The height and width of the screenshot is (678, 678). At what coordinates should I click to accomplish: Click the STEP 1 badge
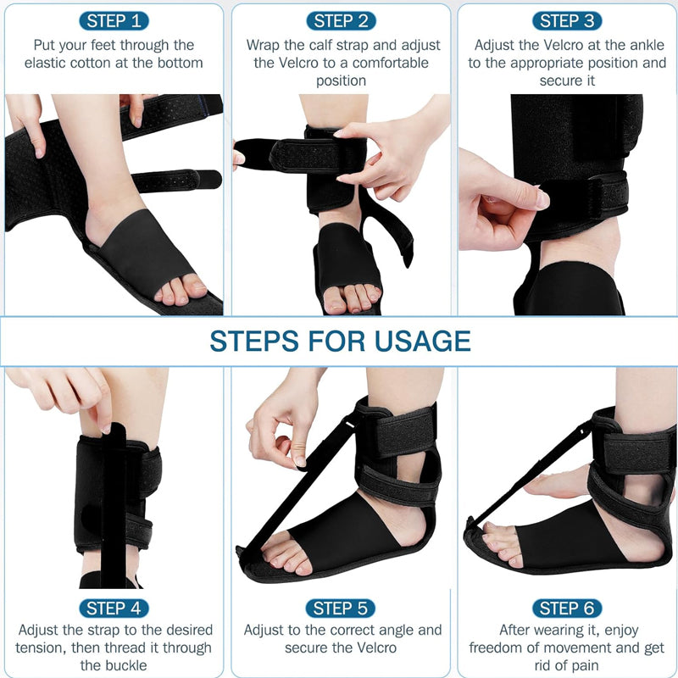point(114,20)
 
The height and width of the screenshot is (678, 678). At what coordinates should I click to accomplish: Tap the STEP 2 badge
point(341,20)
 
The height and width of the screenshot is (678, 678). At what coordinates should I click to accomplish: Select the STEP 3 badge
point(567,20)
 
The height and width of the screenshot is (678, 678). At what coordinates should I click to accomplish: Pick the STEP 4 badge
point(114,609)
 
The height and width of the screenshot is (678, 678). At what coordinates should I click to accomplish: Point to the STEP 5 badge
point(341,609)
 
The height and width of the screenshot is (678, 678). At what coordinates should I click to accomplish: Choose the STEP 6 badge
point(567,609)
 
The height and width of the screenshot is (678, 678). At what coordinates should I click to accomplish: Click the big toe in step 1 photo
point(192,289)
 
